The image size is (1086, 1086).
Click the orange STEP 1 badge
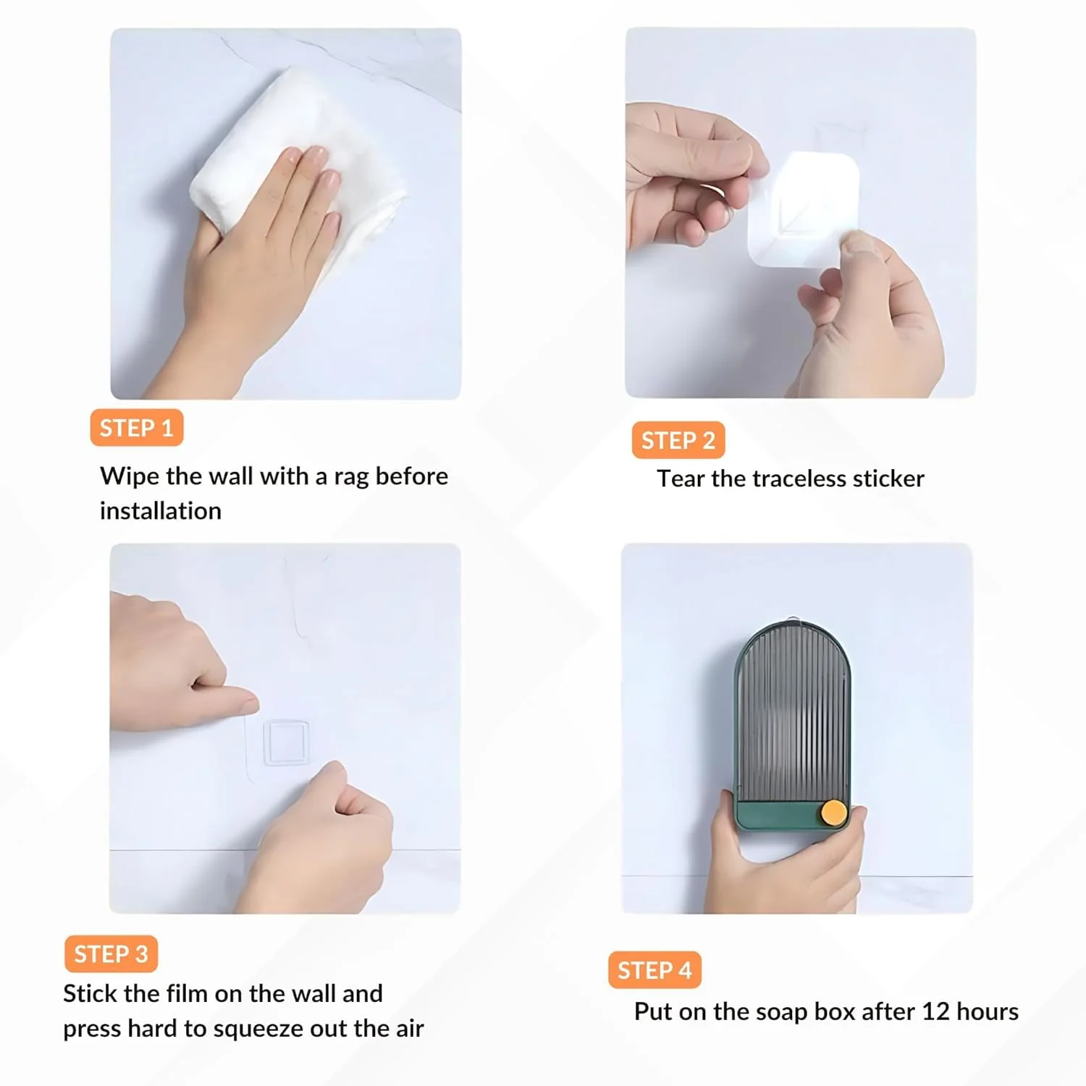pos(136,428)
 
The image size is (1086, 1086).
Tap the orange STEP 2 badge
pos(678,440)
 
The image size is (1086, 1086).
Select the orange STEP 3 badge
pos(111,954)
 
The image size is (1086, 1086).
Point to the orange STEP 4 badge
pos(654,970)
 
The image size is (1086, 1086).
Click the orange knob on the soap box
pos(833,812)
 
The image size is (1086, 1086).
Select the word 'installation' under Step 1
pos(161,511)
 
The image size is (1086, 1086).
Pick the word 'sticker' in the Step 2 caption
pos(889,479)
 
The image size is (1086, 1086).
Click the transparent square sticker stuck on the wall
pos(287,743)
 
